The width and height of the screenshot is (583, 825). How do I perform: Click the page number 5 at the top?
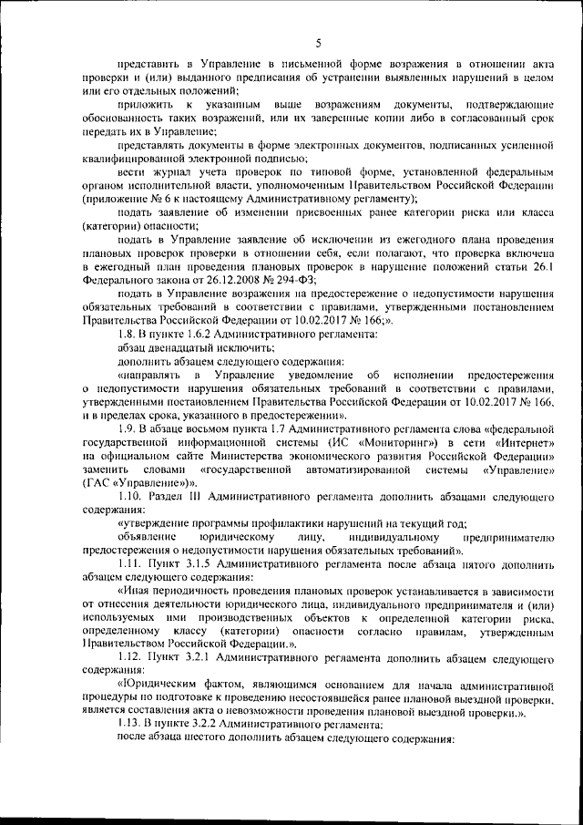click(x=318, y=42)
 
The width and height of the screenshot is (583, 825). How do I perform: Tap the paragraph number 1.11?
click(x=130, y=564)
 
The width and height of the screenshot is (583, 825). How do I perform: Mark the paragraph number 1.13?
click(x=130, y=724)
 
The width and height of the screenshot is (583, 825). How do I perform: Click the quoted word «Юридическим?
click(x=159, y=684)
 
